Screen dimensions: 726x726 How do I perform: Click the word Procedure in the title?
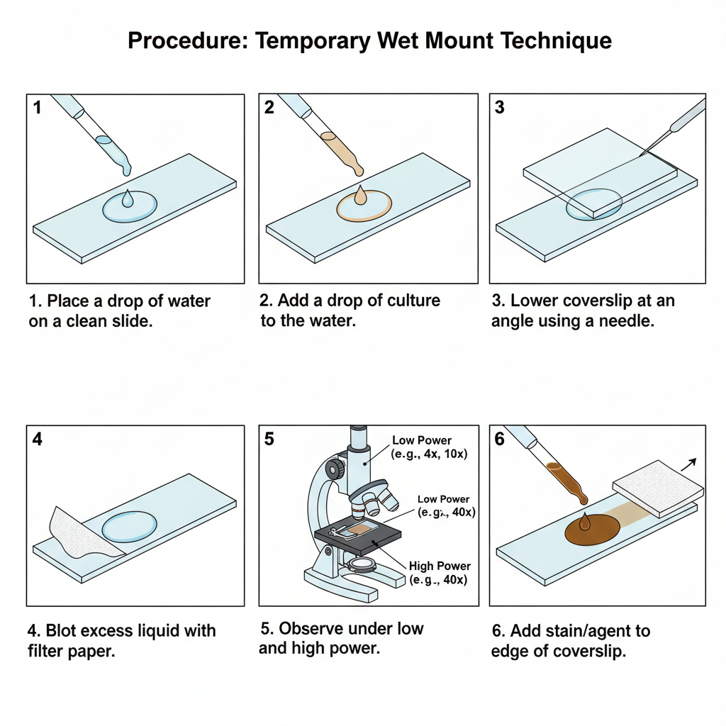tap(187, 41)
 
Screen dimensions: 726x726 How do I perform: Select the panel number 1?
tap(37, 108)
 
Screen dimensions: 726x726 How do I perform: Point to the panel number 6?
tap(500, 439)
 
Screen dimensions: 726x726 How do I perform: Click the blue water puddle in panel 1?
tap(130, 207)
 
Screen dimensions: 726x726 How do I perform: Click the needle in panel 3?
tap(677, 125)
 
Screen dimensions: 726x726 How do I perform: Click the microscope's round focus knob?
tap(333, 469)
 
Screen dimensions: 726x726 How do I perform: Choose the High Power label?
tap(440, 566)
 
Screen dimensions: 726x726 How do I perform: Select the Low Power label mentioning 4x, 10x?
tap(422, 440)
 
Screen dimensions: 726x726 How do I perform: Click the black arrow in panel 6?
tap(688, 464)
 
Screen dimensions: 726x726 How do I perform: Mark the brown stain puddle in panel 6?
tap(591, 529)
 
